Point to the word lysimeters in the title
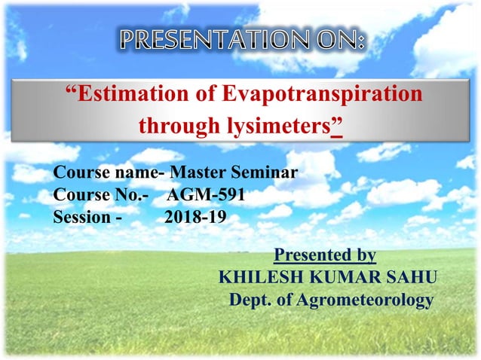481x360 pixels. (x=280, y=126)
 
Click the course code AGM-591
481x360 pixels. (x=206, y=196)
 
